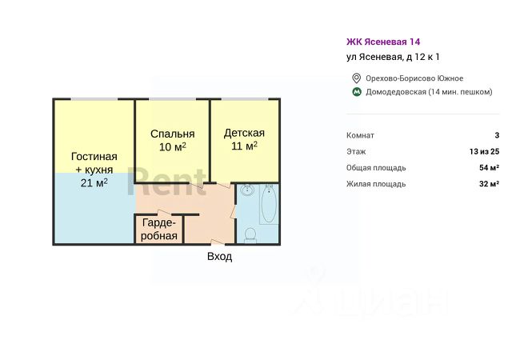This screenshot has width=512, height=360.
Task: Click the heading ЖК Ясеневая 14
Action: [383, 42]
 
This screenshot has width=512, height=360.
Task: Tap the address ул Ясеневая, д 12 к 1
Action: [393, 57]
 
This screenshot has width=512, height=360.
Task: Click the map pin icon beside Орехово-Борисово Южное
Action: [356, 78]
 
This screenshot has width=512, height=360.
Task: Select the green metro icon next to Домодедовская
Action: [356, 92]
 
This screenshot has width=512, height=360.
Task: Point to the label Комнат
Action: [360, 136]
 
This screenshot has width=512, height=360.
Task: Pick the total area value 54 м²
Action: [489, 168]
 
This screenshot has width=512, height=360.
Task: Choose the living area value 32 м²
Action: [489, 184]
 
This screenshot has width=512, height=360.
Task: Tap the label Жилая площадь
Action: [376, 184]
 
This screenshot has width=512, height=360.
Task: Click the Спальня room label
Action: [172, 134]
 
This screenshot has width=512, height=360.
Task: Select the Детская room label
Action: [244, 134]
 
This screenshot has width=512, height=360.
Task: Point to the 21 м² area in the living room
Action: [94, 182]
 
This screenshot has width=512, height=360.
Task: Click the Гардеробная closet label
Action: [158, 230]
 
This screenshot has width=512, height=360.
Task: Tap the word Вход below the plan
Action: [219, 257]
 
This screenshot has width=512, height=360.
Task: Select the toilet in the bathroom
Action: [250, 234]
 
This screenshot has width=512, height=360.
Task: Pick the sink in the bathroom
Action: [247, 191]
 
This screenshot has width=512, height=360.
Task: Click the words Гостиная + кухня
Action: [94, 163]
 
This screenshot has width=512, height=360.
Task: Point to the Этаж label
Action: [357, 152]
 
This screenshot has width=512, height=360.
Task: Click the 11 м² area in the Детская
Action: [244, 147]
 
